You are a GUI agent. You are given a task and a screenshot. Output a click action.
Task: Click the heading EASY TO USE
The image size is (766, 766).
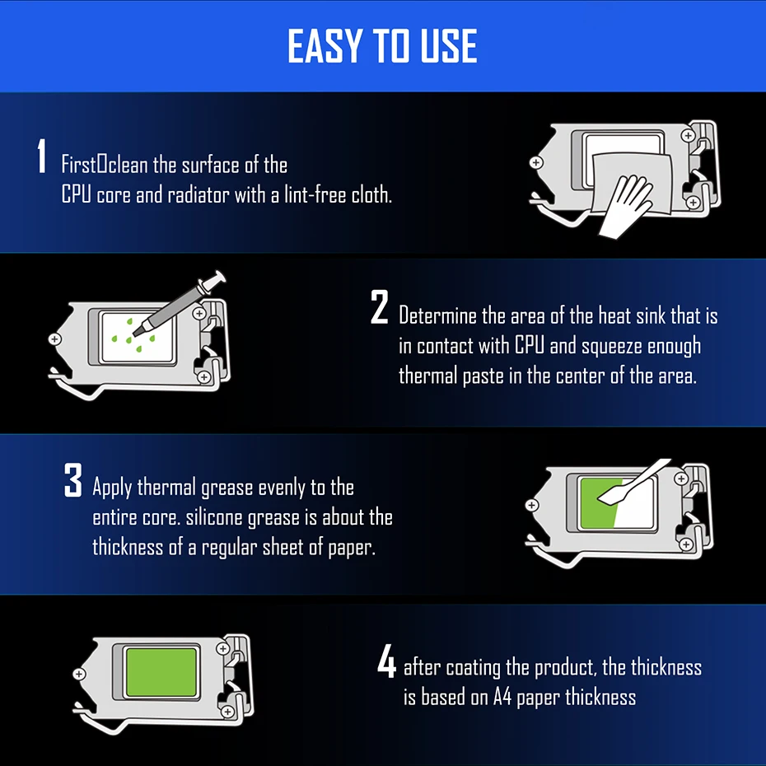[382, 45]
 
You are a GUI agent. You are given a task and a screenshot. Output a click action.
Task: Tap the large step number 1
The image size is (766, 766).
[42, 156]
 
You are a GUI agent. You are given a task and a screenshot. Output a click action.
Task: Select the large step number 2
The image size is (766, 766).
[380, 306]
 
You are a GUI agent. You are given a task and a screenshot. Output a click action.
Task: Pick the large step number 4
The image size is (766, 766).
[386, 660]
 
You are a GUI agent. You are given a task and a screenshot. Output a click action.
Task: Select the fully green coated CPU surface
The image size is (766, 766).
[161, 672]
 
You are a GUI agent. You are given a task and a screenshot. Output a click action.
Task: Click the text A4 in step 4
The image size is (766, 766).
[502, 697]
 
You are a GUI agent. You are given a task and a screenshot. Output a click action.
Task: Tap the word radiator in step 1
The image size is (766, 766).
[199, 195]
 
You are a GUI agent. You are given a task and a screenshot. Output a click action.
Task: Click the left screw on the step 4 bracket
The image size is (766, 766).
[79, 674]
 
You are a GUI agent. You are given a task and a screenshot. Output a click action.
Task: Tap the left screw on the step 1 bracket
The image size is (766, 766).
[536, 163]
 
